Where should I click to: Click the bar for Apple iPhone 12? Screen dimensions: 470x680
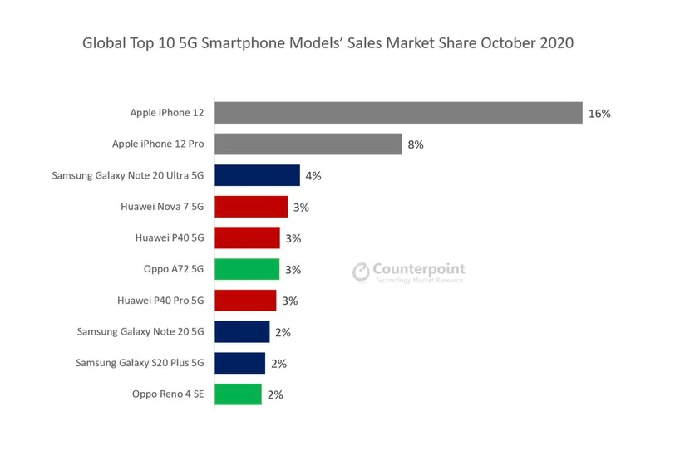click(x=398, y=113)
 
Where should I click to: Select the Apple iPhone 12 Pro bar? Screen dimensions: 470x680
click(x=308, y=144)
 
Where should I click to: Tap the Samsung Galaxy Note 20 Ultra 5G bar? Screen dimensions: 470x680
click(x=257, y=175)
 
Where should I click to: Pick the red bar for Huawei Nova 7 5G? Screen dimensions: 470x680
click(x=251, y=207)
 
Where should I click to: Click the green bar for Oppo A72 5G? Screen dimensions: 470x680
click(x=247, y=269)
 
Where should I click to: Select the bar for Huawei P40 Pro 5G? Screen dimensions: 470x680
click(x=245, y=301)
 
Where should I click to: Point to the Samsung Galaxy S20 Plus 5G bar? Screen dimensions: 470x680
click(x=239, y=363)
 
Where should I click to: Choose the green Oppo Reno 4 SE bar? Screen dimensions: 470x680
click(x=238, y=394)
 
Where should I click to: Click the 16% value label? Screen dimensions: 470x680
click(x=599, y=114)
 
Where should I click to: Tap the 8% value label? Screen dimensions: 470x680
click(x=415, y=144)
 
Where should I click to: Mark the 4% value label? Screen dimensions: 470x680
click(x=313, y=176)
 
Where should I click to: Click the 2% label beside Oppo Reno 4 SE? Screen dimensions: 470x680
click(x=274, y=395)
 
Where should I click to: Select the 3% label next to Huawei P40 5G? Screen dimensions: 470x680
click(x=293, y=238)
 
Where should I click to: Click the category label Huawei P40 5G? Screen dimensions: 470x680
click(x=169, y=237)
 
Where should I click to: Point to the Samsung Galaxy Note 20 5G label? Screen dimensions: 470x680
click(x=140, y=331)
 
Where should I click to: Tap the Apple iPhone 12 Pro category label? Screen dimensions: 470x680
click(x=157, y=144)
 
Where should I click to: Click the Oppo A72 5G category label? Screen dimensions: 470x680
click(x=173, y=269)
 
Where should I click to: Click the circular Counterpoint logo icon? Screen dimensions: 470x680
click(x=361, y=272)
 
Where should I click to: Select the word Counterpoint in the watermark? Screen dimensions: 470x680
click(x=419, y=269)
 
